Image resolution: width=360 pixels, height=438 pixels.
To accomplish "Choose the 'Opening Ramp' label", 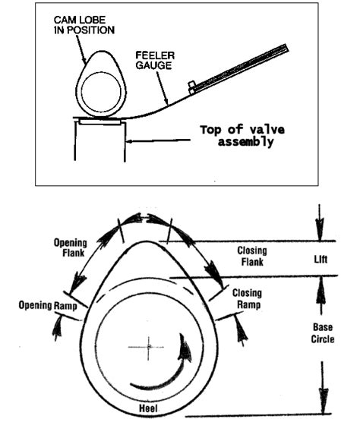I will coord(46,304).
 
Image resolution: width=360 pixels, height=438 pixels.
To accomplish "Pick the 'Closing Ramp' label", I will coord(247,298).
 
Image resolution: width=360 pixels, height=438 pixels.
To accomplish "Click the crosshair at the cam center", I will coord(149,346).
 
